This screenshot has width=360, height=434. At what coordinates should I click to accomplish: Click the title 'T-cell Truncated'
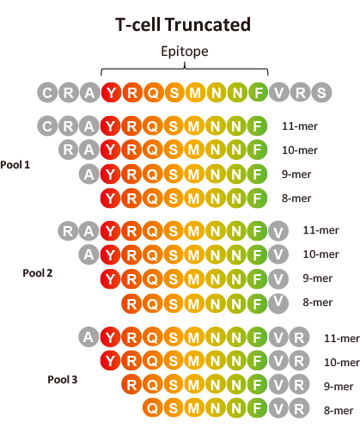pyautogui.click(x=183, y=25)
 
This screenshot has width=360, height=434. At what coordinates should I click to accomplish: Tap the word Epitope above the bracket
pyautogui.click(x=185, y=52)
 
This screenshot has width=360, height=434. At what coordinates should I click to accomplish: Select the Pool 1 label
pyautogui.click(x=15, y=165)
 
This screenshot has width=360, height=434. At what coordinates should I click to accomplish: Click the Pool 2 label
pyautogui.click(x=38, y=273)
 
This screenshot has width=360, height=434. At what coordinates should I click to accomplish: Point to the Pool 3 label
pyautogui.click(x=63, y=380)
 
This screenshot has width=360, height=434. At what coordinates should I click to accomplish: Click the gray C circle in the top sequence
pyautogui.click(x=47, y=93)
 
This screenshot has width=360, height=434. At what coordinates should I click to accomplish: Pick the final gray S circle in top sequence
pyautogui.click(x=321, y=93)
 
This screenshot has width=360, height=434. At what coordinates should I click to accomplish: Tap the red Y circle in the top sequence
pyautogui.click(x=111, y=93)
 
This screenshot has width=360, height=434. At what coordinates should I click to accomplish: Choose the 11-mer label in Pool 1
pyautogui.click(x=300, y=126)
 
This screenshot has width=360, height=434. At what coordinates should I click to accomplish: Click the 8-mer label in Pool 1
pyautogui.click(x=296, y=199)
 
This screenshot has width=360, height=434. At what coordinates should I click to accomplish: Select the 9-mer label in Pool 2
pyautogui.click(x=318, y=278)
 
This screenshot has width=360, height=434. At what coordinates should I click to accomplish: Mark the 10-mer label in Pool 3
pyautogui.click(x=342, y=363)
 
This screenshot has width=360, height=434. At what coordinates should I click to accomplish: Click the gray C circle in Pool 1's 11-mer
pyautogui.click(x=47, y=125)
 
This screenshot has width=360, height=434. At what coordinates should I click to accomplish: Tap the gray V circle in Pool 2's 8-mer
pyautogui.click(x=278, y=303)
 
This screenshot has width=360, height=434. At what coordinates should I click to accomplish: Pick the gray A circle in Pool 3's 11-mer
pyautogui.click(x=88, y=337)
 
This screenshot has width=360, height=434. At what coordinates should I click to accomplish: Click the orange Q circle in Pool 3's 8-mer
pyautogui.click(x=153, y=408)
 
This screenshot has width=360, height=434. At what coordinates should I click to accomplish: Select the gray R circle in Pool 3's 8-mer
pyautogui.click(x=299, y=408)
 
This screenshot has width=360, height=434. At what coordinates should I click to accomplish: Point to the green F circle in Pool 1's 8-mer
pyautogui.click(x=257, y=199)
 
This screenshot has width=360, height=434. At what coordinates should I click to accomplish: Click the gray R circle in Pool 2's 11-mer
pyautogui.click(x=68, y=230)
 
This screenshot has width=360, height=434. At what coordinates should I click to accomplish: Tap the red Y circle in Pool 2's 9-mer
pyautogui.click(x=111, y=278)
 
